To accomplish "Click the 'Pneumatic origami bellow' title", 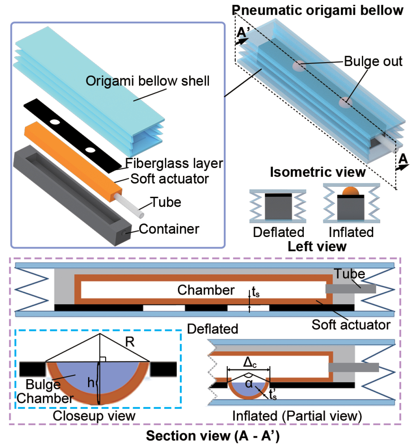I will pyautogui.click(x=317, y=10).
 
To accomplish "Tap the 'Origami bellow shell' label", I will pyautogui.click(x=147, y=81).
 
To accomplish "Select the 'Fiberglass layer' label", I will pyautogui.click(x=174, y=164).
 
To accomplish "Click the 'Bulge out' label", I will pyautogui.click(x=373, y=61).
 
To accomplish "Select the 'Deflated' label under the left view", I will pyautogui.click(x=279, y=232).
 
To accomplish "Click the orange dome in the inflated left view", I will pyautogui.click(x=351, y=191).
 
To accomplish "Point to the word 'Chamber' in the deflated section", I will pyautogui.click(x=206, y=290).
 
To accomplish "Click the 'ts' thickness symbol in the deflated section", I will pyautogui.click(x=256, y=292).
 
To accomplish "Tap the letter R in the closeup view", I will pyautogui.click(x=130, y=342).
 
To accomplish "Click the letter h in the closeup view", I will pyautogui.click(x=91, y=383).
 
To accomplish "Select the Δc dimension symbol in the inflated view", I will pyautogui.click(x=250, y=363).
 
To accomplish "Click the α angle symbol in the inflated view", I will pyautogui.click(x=249, y=384).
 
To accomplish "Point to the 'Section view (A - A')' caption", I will pyautogui.click(x=212, y=436).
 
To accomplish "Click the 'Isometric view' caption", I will pyautogui.click(x=318, y=172).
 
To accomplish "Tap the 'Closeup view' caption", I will pyautogui.click(x=94, y=416).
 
